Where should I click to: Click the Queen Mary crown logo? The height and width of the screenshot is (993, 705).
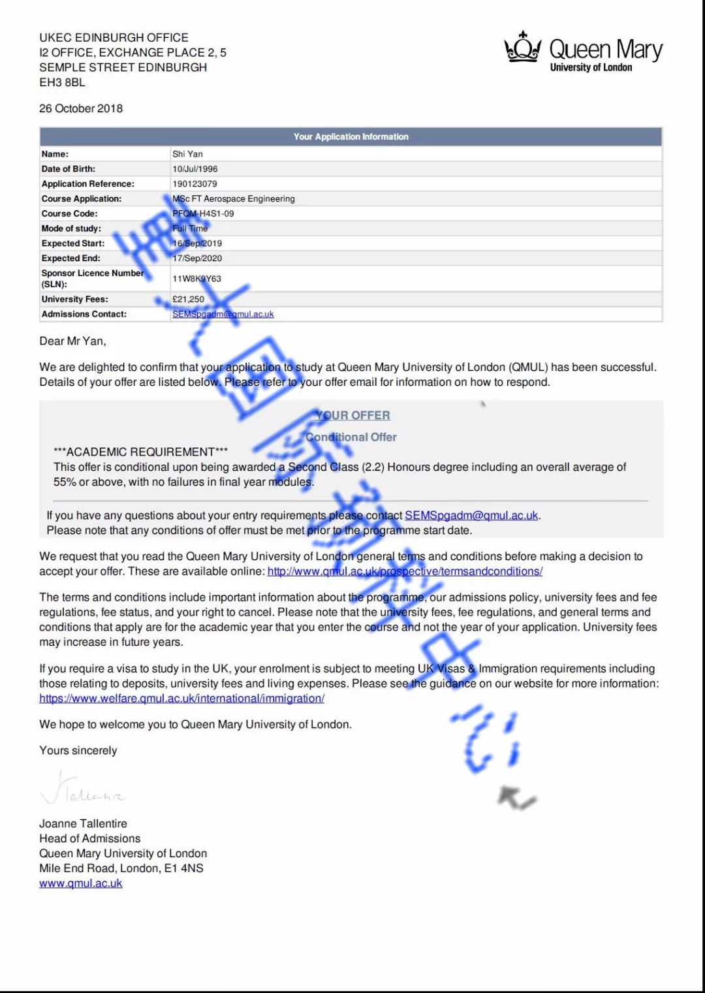click(x=522, y=48)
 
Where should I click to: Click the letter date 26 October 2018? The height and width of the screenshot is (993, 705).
click(x=81, y=108)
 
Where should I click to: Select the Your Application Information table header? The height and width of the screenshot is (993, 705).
click(x=351, y=136)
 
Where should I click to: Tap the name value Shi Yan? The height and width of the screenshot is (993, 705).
click(x=187, y=154)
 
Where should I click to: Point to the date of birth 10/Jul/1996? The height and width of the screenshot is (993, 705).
click(x=195, y=169)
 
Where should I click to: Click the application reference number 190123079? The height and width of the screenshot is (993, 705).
click(x=195, y=184)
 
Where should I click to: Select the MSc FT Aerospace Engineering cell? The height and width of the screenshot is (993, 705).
click(x=234, y=198)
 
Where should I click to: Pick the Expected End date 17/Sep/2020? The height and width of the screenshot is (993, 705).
click(x=197, y=259)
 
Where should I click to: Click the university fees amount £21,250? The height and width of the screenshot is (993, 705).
click(x=188, y=299)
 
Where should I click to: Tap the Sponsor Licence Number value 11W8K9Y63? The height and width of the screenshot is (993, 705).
click(x=196, y=279)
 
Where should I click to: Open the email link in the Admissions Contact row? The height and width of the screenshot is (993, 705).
click(x=223, y=314)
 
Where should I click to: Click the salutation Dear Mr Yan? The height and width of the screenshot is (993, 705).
click(x=72, y=341)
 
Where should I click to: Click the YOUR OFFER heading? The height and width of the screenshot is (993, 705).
click(x=352, y=415)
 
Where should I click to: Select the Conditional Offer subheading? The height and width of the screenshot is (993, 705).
click(x=351, y=437)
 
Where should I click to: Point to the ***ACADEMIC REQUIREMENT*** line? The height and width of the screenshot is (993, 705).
click(x=140, y=452)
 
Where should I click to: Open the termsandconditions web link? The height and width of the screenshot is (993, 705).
click(x=405, y=571)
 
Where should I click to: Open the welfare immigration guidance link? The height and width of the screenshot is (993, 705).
click(x=181, y=699)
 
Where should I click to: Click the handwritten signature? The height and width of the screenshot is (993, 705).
click(x=82, y=789)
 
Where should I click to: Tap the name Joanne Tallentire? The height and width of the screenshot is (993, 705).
click(x=83, y=824)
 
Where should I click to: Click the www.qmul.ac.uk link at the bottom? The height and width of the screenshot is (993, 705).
click(x=80, y=883)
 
